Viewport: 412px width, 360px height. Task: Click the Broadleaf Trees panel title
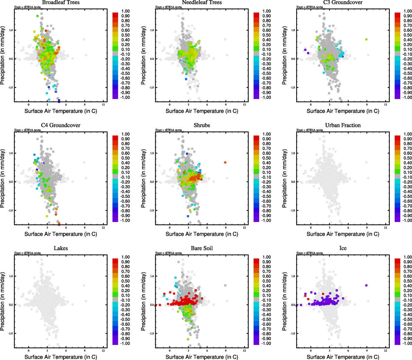coord(61,2)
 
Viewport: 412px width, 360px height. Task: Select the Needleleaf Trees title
coord(202,2)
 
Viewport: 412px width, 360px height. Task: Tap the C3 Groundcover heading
coord(343,2)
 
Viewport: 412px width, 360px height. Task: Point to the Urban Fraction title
coord(343,125)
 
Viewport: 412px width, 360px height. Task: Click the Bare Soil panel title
coord(202,248)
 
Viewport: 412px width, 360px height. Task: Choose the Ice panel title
coord(343,248)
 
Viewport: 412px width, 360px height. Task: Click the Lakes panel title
coord(61,248)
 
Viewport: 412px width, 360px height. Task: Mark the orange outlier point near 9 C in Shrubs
coord(225,163)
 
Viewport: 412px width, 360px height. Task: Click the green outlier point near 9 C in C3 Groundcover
coord(366,40)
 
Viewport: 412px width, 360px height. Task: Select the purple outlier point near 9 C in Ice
coord(366,286)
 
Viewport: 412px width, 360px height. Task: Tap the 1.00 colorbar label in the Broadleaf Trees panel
coord(125,11)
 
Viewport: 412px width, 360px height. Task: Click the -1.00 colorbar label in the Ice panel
coord(407,343)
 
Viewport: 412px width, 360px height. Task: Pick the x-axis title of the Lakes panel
coord(61,357)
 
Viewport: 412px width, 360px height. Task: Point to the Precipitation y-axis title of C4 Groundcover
coord(3,179)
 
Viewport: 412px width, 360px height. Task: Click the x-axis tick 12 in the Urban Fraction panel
coord(385,228)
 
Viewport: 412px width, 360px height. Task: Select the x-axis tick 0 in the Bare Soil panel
coord(170,351)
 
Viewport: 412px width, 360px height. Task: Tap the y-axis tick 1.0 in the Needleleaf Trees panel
coord(152,30)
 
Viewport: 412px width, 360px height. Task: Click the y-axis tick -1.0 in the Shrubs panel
coord(152,211)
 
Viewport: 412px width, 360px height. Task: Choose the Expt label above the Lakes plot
coord(28,253)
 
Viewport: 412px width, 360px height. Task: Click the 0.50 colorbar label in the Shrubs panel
coord(266,158)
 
